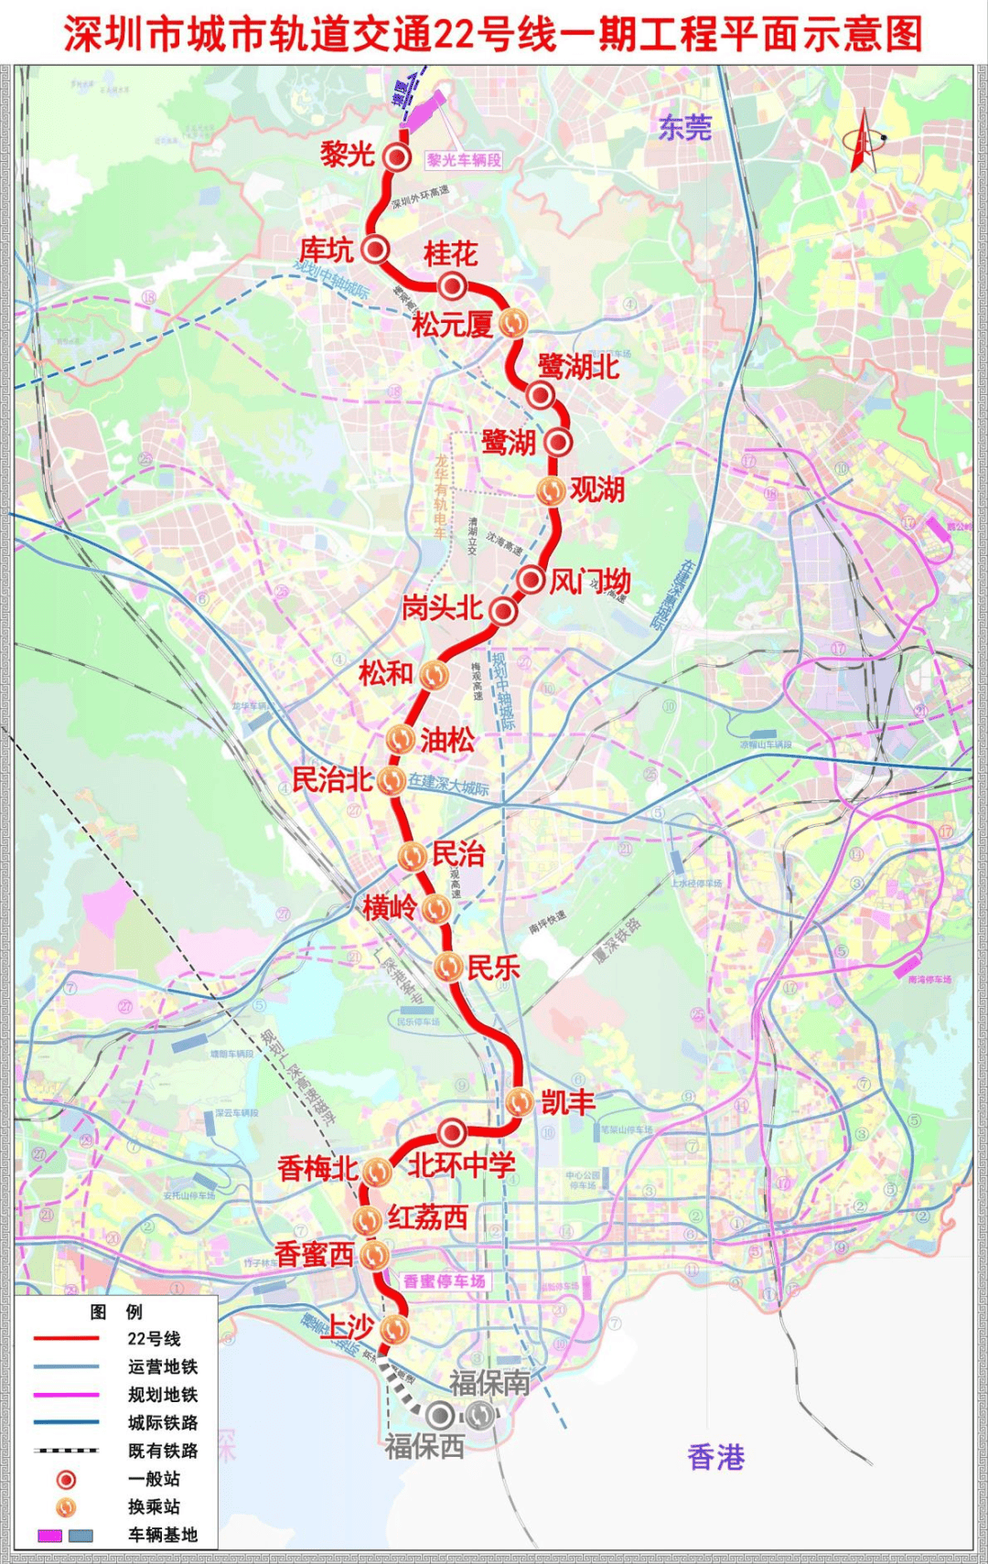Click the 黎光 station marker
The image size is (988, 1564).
397,157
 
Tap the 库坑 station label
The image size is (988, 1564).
327,250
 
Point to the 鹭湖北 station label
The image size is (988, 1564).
578,367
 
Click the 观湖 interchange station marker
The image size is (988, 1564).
551,490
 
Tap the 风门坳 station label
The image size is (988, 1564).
590,581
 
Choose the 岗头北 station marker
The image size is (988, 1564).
503,611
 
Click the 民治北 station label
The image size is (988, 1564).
332,780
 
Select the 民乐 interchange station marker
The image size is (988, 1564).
447,967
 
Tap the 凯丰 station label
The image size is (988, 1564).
568,1102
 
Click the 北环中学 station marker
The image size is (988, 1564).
451,1132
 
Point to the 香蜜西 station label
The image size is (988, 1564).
314,1254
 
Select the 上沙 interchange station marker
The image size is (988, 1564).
393,1328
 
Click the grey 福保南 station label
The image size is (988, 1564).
489,1383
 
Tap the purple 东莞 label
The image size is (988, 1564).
684,127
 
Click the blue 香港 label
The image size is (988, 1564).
715,1456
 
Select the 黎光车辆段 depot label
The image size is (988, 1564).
464,160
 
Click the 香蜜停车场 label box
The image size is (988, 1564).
444,1281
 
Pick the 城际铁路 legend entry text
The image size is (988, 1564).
163,1422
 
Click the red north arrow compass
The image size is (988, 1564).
864,142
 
